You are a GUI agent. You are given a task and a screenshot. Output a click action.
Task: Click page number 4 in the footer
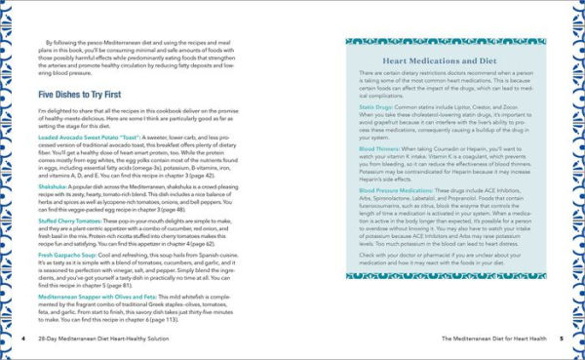(22, 337)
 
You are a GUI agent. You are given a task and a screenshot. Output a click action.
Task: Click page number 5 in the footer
(563, 337)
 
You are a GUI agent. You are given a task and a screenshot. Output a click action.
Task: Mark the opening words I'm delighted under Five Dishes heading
(58, 111)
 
